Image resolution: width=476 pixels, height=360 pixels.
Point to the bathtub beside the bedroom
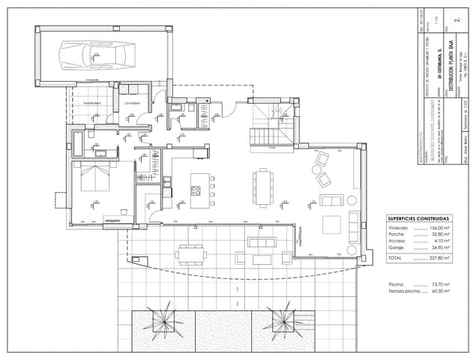click(x=78, y=140)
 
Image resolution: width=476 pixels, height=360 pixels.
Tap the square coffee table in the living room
click(x=331, y=225)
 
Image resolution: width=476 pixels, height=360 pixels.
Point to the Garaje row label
click(x=397, y=247)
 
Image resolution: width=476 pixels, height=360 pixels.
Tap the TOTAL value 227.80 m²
click(x=438, y=257)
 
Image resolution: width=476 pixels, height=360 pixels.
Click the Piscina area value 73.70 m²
click(x=439, y=285)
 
